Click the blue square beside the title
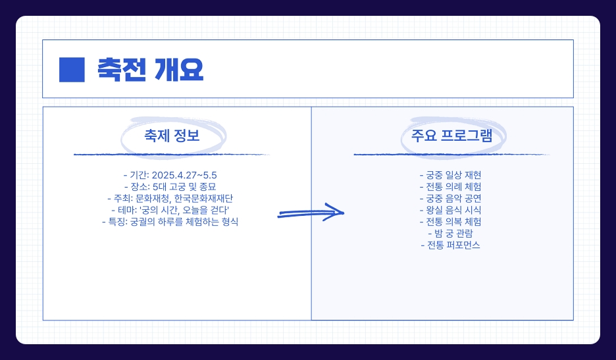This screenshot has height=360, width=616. tap(72, 69)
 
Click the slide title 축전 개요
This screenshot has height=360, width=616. tap(150, 69)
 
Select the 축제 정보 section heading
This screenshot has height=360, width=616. tap(172, 136)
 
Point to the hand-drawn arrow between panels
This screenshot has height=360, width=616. tap(311, 213)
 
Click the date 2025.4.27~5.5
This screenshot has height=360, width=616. tap(184, 175)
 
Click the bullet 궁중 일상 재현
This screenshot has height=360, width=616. tap(451, 175)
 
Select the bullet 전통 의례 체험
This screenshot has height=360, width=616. tap(451, 187)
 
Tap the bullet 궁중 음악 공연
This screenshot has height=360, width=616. tap(451, 199)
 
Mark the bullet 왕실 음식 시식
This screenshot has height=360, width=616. tap(451, 210)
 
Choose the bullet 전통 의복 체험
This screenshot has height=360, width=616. tap(451, 222)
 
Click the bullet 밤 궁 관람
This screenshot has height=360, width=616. tap(451, 234)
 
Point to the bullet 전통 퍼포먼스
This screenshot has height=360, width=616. tap(451, 245)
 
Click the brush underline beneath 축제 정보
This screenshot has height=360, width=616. tap(172, 155)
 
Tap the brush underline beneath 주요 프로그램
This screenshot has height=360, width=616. tap(451, 155)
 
